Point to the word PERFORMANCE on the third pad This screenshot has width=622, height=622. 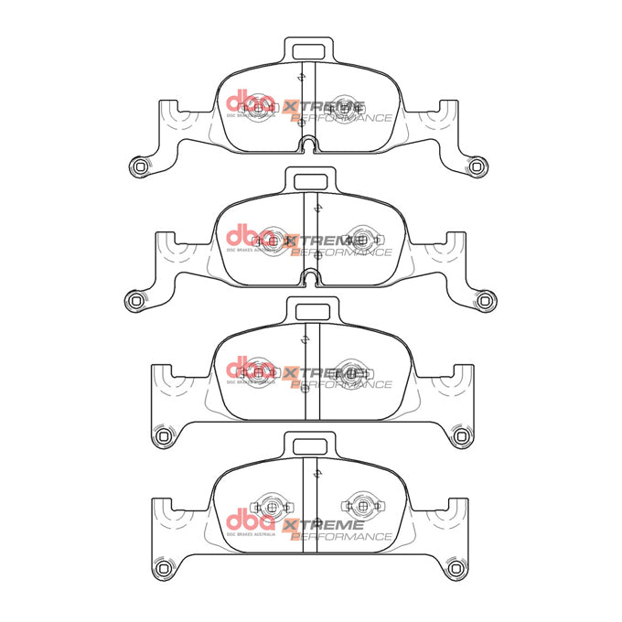click(x=342, y=385)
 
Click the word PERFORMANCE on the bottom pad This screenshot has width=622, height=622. click(x=342, y=537)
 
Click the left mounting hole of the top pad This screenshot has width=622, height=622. click(x=138, y=165)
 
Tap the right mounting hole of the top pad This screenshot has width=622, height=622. click(x=477, y=165)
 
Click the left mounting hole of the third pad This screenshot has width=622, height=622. click(x=164, y=434)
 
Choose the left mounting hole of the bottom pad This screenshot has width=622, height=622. click(x=164, y=569)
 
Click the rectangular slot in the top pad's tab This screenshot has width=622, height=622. click(x=312, y=49)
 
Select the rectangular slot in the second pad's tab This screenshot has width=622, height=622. click(x=312, y=179)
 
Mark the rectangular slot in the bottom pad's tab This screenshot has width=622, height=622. click(x=312, y=444)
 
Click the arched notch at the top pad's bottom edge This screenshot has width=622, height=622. click(x=311, y=144)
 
